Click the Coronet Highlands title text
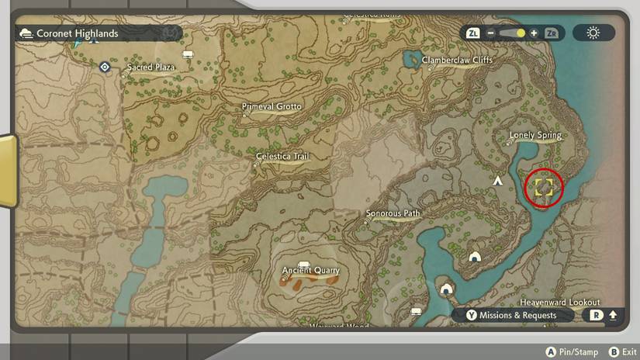click(x=78, y=33)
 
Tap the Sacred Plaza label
click(x=151, y=67)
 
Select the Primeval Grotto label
click(x=272, y=106)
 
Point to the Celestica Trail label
click(x=282, y=157)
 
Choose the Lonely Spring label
click(x=534, y=136)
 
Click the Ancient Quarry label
click(x=310, y=271)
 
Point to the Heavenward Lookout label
click(x=559, y=302)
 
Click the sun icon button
click(x=593, y=33)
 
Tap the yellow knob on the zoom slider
click(x=521, y=33)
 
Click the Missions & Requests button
click(x=517, y=316)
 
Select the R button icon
click(x=596, y=316)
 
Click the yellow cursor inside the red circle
click(x=543, y=187)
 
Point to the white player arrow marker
click(x=498, y=180)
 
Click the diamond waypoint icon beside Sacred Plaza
click(x=105, y=67)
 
